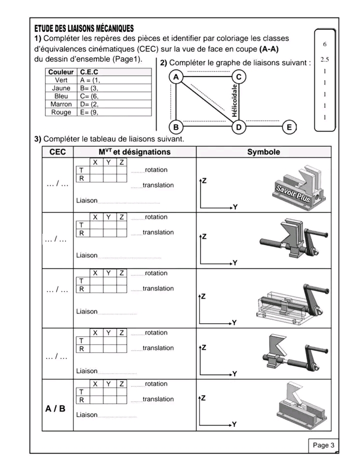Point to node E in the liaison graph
coord(288,127)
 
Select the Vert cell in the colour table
coord(61,80)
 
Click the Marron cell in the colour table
coord(61,104)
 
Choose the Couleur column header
coord(61,72)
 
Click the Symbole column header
coord(263,152)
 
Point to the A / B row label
coord(55,409)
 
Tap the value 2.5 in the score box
coord(324,59)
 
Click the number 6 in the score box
coord(324,44)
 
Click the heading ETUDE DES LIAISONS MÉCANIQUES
coord(84,28)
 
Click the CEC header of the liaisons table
coord(57,152)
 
